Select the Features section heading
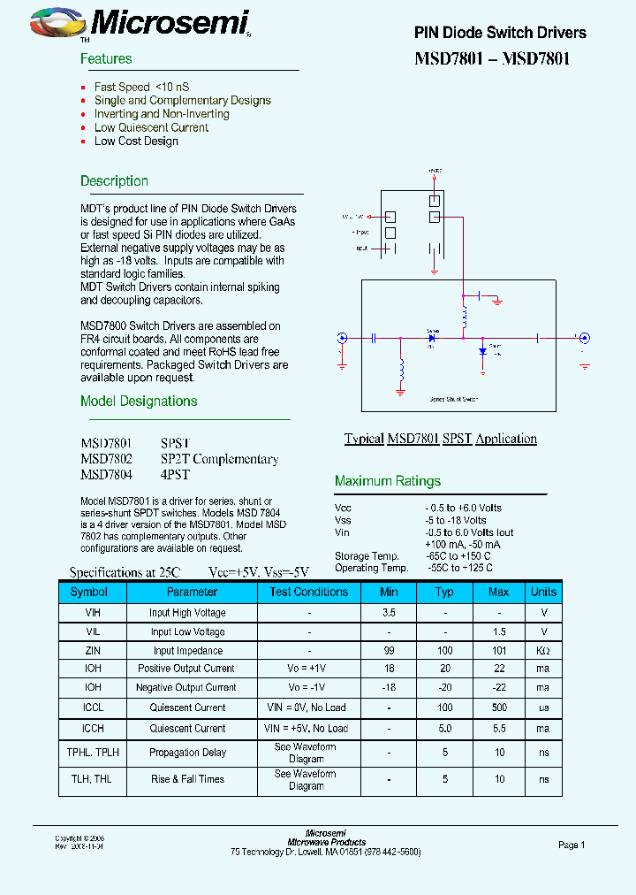tap(106, 59)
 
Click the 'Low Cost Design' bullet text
tap(136, 141)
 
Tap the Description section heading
tap(114, 181)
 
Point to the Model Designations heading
tap(139, 402)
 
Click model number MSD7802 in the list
tap(106, 459)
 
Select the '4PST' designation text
tap(175, 475)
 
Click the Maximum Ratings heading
tap(387, 481)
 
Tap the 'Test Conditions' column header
tap(309, 592)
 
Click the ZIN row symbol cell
tap(93, 651)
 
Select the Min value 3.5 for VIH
tap(389, 613)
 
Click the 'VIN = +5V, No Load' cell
tap(307, 729)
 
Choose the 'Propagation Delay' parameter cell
tap(188, 753)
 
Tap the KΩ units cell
tap(543, 651)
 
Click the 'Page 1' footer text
tap(572, 845)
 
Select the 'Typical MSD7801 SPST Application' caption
tap(440, 439)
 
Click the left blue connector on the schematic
tap(343, 337)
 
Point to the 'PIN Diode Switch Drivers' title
tap(500, 33)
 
